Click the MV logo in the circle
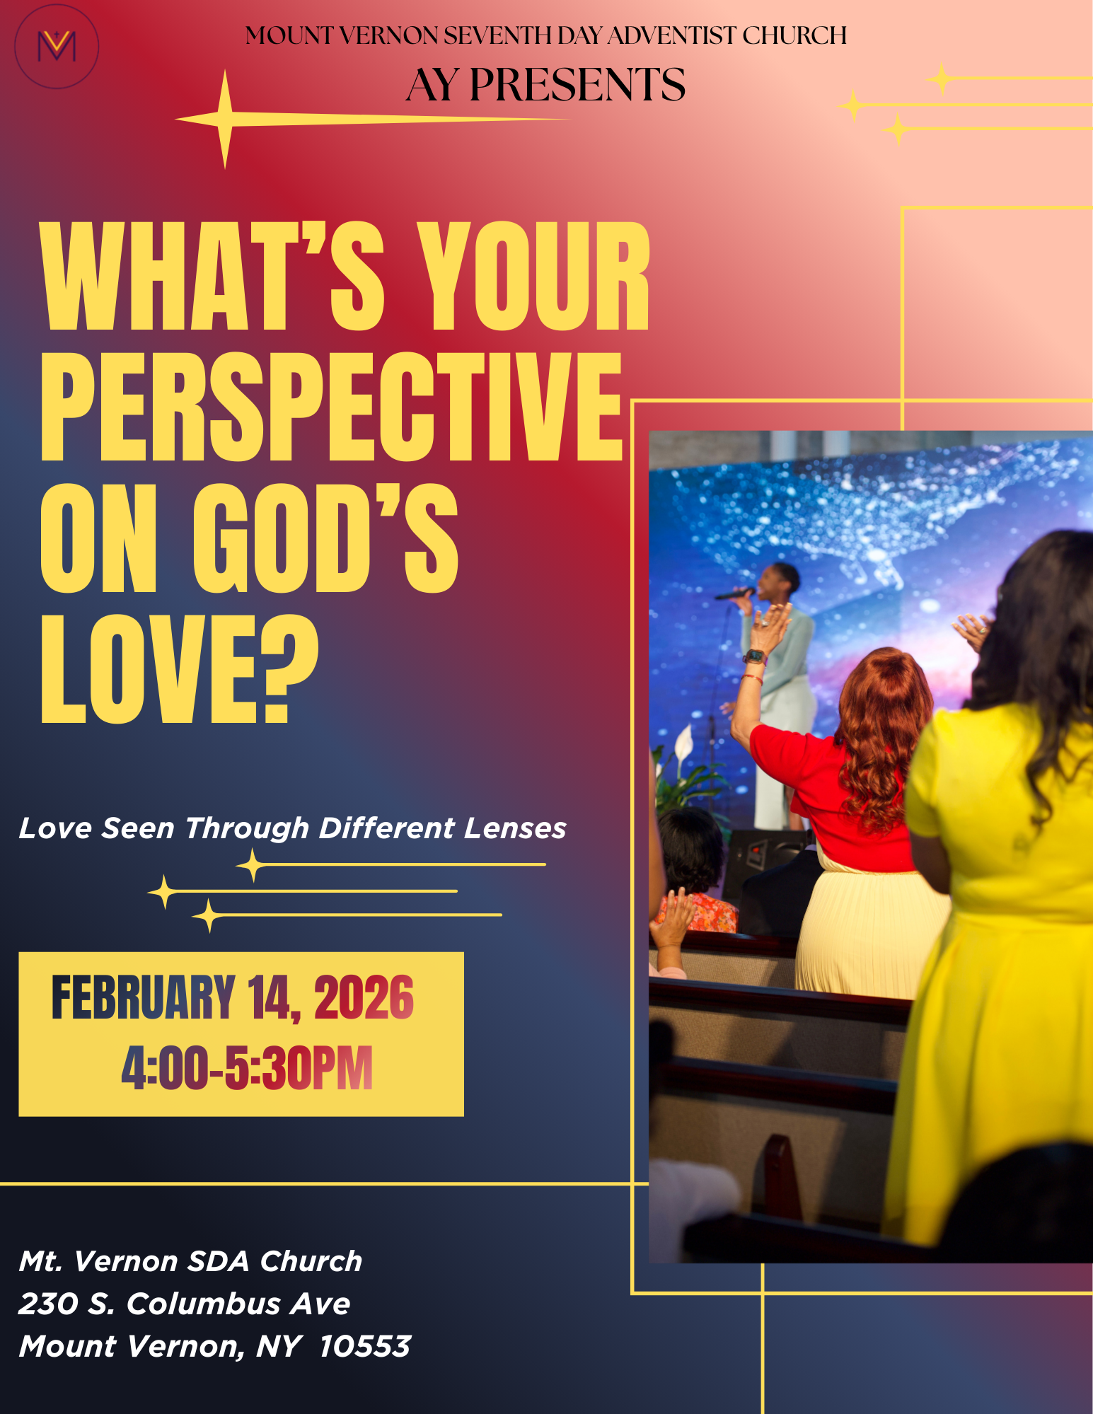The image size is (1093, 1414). pyautogui.click(x=57, y=47)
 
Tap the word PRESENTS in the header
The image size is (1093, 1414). pyautogui.click(x=577, y=85)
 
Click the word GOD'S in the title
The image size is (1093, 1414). pyautogui.click(x=325, y=538)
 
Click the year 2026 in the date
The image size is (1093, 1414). pyautogui.click(x=364, y=997)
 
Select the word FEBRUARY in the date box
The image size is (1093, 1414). pyautogui.click(x=143, y=997)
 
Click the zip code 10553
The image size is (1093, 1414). pyautogui.click(x=365, y=1345)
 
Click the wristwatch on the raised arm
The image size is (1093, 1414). pyautogui.click(x=755, y=657)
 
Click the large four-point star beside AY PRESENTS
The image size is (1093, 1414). pyautogui.click(x=225, y=120)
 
